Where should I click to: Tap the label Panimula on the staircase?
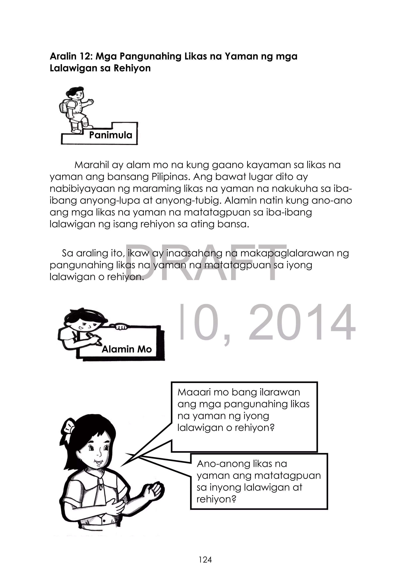click(111, 135)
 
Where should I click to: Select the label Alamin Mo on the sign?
click(127, 349)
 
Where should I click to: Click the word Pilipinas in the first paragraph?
click(170, 177)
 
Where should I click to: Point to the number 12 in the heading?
click(85, 56)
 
